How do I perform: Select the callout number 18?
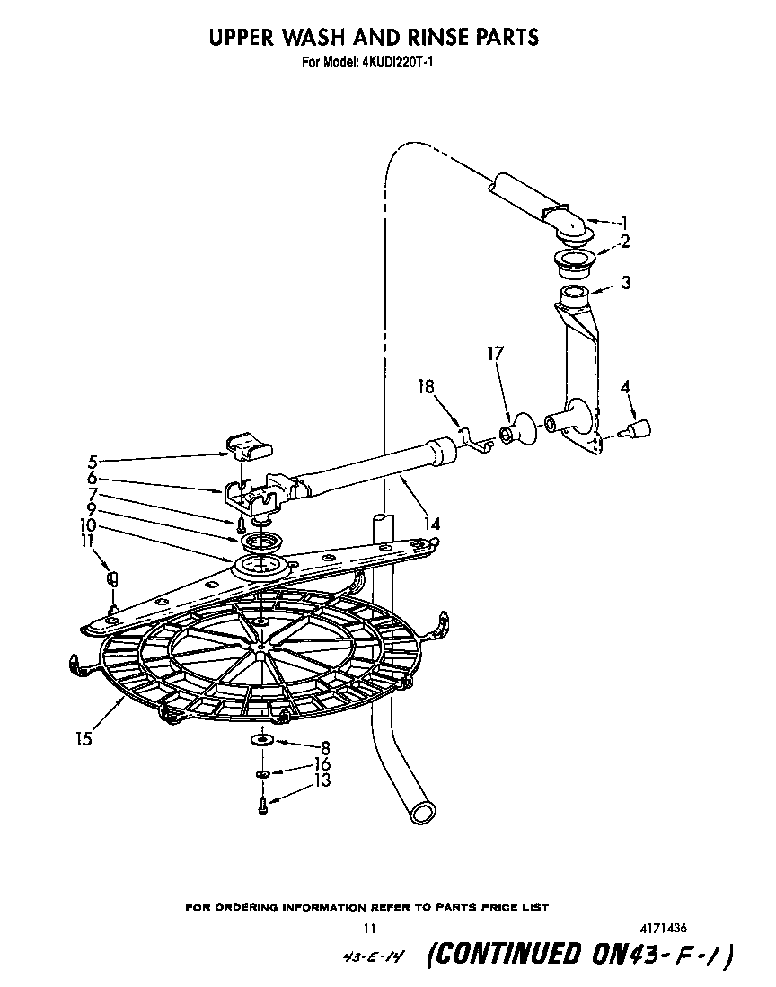[x=427, y=387]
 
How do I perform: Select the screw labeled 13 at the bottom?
[x=261, y=806]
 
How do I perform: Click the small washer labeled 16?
[x=262, y=773]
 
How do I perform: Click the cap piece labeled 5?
[x=244, y=442]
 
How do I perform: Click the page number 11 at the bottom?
[x=369, y=929]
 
